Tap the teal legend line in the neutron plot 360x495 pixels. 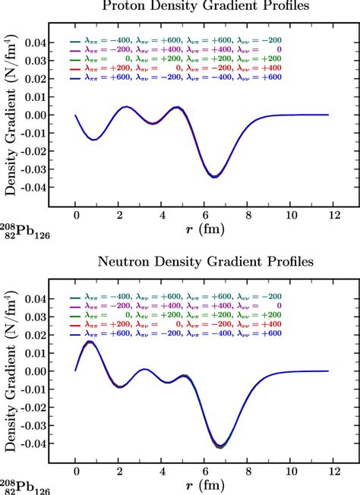point(75,298)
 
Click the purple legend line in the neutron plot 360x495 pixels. point(75,307)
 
